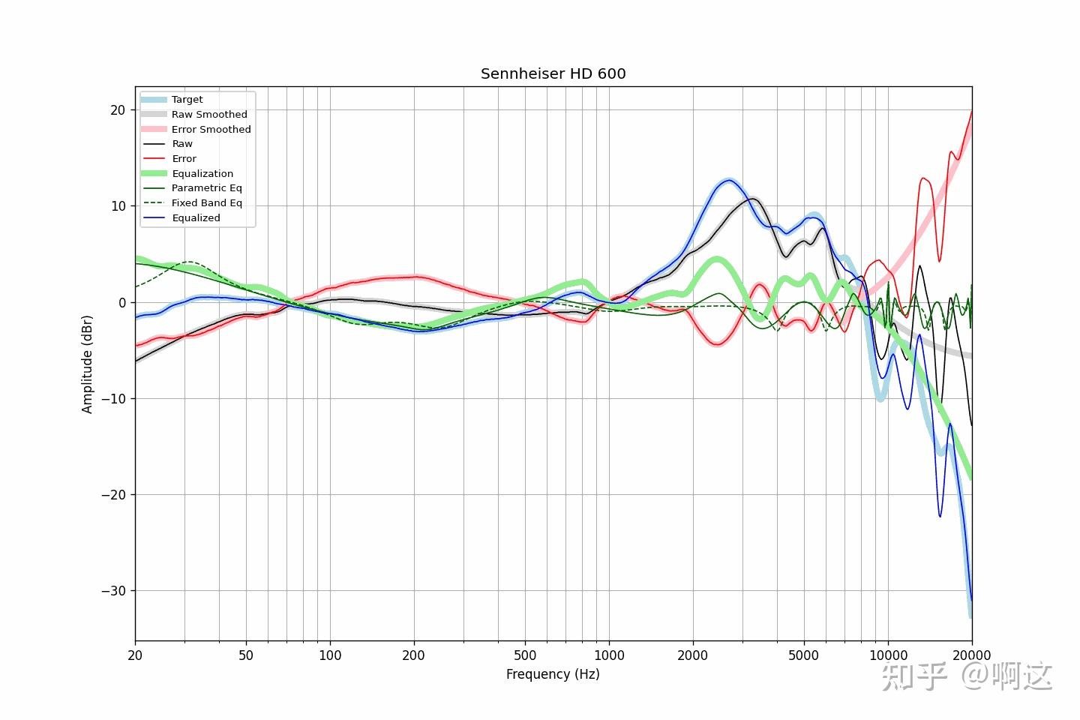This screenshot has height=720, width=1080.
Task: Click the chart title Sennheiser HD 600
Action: tap(553, 73)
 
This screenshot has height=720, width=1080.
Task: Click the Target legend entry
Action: tap(187, 100)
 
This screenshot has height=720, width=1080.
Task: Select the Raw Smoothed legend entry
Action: tap(208, 115)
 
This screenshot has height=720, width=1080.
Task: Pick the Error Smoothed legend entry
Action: tap(211, 130)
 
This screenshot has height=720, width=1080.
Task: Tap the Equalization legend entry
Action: tap(202, 174)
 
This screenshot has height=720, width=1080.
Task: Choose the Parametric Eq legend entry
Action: tap(206, 188)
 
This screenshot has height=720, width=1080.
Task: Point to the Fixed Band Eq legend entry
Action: tap(206, 203)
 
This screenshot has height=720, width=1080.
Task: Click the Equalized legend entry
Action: tap(196, 218)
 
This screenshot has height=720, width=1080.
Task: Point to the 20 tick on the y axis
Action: tap(118, 110)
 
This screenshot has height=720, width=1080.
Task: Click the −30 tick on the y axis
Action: tap(114, 591)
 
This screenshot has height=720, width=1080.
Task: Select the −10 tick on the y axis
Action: tap(114, 399)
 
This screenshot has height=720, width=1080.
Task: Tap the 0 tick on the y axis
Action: tap(121, 303)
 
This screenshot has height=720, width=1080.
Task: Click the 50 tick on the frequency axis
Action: tap(246, 655)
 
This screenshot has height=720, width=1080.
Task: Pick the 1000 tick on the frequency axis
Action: tap(609, 655)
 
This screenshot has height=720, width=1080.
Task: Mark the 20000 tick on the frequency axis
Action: tap(972, 655)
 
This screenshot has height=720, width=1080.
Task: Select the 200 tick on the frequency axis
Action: tap(413, 655)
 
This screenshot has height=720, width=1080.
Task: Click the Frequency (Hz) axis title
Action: tap(553, 674)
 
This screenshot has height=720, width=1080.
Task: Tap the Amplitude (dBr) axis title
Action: tap(88, 364)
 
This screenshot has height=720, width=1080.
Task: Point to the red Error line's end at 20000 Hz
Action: tap(971, 112)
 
